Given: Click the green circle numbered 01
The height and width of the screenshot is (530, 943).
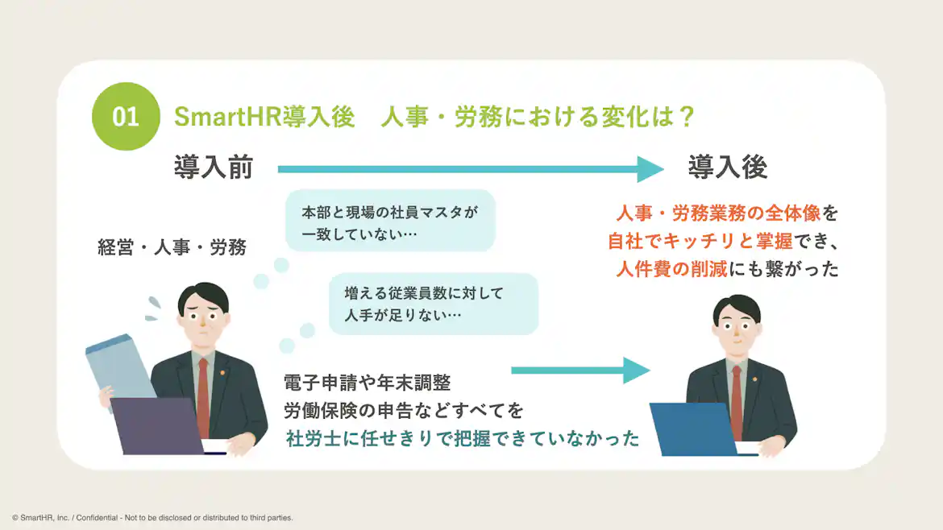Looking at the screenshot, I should click(126, 117).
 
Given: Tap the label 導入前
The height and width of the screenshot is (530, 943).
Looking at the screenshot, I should click(214, 167).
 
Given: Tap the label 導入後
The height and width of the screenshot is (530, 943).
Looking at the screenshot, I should click(727, 167).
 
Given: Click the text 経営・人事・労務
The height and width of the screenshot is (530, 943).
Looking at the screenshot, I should click(172, 248).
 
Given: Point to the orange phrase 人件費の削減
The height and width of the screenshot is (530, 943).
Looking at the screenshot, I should click(671, 268).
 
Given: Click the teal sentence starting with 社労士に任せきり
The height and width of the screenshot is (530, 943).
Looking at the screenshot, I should click(463, 438).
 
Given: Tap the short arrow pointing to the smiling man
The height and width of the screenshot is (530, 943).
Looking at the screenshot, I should click(580, 371).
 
